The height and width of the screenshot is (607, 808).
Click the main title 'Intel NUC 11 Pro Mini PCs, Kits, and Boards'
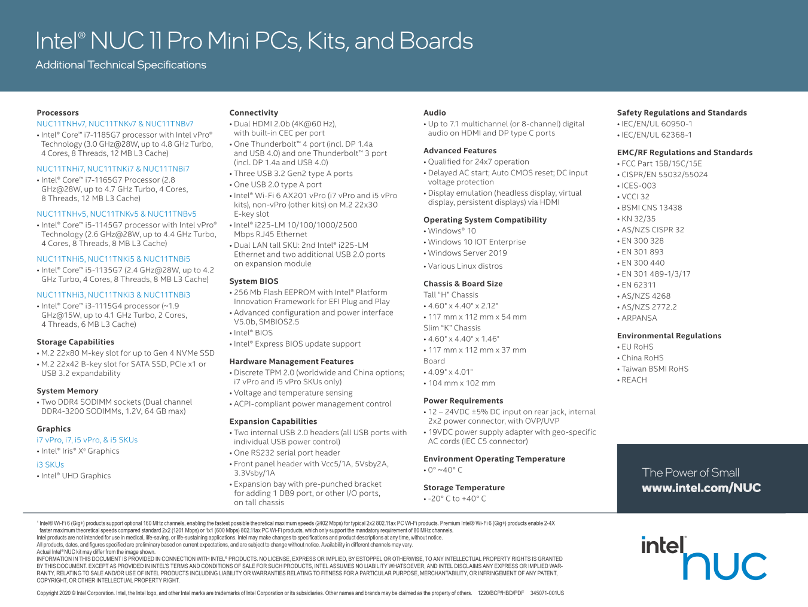click(x=254, y=41)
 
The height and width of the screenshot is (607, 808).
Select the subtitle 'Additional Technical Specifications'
click(x=121, y=65)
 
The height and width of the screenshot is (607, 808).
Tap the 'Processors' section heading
click(x=57, y=113)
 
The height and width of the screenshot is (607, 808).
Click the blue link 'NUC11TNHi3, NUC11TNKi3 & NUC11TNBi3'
click(x=113, y=295)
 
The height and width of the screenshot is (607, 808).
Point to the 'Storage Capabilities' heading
click(x=75, y=342)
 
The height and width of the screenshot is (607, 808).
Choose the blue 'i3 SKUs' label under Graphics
click(x=50, y=465)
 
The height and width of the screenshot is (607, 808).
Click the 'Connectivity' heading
click(x=254, y=113)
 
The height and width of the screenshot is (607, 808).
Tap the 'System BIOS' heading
click(x=254, y=281)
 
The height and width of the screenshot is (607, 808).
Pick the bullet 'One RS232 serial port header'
click(x=286, y=453)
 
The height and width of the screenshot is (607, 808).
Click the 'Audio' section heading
click(x=435, y=113)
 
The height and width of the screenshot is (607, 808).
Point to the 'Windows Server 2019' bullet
click(x=467, y=253)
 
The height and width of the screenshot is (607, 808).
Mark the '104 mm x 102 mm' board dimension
click(x=461, y=383)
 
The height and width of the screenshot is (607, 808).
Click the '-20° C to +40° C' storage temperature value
click(x=457, y=499)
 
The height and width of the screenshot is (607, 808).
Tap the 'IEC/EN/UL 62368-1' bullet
click(x=656, y=135)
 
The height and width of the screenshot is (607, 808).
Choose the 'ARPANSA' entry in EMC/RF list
click(x=639, y=318)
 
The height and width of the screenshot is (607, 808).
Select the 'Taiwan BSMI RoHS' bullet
click(x=654, y=369)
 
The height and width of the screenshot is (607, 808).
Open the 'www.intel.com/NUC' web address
click(x=701, y=488)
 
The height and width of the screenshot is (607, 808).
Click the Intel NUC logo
click(x=703, y=558)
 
